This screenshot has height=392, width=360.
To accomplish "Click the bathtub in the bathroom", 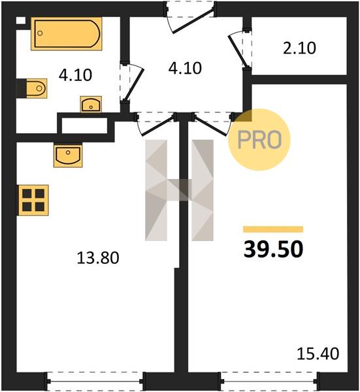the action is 67,34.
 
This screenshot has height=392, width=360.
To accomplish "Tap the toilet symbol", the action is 37,88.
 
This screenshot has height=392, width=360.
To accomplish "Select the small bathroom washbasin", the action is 91,105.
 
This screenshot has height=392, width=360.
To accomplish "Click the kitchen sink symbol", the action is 68,155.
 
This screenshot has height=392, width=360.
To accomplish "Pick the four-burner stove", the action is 33,201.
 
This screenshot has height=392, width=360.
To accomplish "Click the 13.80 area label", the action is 98,258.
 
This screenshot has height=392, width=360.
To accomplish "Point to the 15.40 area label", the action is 318,353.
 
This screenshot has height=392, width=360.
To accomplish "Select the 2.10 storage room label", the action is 299,48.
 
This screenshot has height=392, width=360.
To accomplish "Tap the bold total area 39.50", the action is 274,249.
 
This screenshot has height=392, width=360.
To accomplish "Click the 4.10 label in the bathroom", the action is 76,74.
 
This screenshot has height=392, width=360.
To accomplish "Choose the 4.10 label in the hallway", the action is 185,68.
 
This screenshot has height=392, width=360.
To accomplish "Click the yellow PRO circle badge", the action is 259,140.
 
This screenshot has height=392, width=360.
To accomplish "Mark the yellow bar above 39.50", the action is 273,229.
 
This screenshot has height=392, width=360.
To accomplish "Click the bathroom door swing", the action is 134,82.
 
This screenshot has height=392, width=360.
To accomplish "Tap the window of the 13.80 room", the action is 95,382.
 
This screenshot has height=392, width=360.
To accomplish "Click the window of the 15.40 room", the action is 270,382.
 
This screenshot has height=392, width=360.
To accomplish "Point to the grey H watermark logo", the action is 179,190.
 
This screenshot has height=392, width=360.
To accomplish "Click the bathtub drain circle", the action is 40,33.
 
